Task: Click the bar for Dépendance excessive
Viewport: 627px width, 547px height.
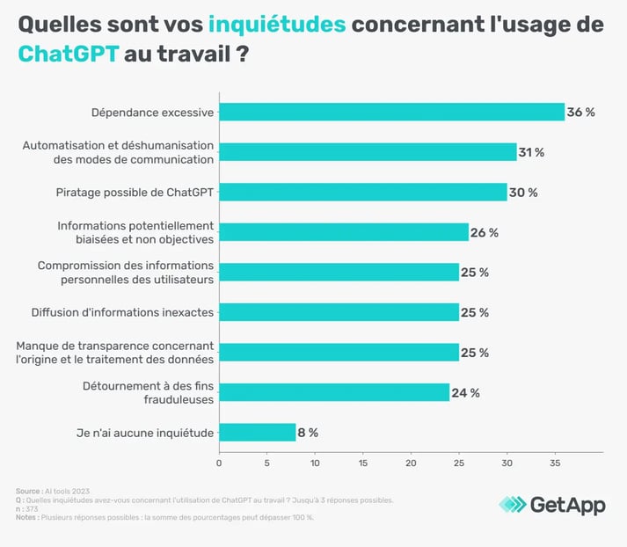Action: [391, 112]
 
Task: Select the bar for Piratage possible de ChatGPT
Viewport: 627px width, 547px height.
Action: [362, 192]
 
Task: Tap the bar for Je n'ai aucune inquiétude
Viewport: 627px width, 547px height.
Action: [257, 432]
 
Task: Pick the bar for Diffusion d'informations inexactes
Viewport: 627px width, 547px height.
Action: [339, 312]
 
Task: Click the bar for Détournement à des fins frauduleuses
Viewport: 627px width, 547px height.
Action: [334, 392]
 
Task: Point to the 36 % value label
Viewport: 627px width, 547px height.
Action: [581, 112]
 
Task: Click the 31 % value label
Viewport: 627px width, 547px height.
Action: [531, 152]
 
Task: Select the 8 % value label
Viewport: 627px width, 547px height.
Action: [308, 432]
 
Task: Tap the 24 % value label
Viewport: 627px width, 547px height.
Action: [466, 392]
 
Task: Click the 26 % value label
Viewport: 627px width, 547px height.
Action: [485, 232]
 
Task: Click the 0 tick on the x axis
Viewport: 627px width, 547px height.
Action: [219, 461]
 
